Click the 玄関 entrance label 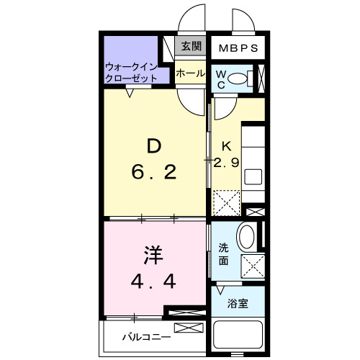tap(191, 47)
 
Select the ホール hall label tap(190, 73)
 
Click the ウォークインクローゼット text tap(134, 73)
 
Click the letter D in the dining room tap(153, 147)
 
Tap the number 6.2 tap(153, 173)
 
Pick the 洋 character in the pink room tap(153, 256)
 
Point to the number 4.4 tap(153, 282)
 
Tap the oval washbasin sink tap(247, 238)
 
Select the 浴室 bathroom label tap(238, 303)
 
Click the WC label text tap(221, 78)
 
